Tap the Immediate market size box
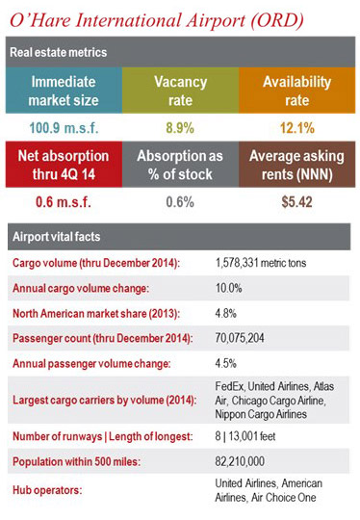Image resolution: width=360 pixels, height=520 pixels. (64, 91)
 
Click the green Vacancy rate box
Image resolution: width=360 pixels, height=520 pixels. (180, 91)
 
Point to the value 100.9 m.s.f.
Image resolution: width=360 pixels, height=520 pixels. (64, 128)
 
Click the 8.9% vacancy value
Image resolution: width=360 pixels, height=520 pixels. (180, 128)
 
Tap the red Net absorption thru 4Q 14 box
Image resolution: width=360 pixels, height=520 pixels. (64, 165)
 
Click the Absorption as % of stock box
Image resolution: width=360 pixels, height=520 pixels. (180, 165)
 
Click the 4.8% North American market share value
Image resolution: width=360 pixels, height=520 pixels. (228, 311)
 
